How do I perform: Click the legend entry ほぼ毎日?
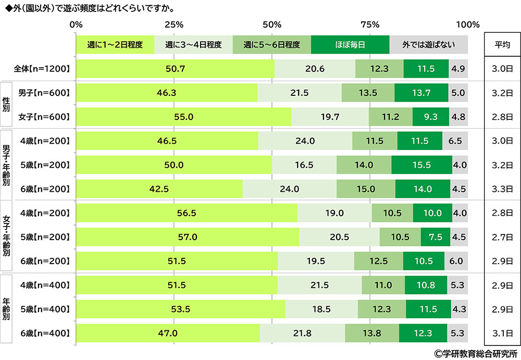click(x=350, y=44)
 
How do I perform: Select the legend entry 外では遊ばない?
click(x=428, y=44)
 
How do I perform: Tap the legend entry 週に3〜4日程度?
click(x=193, y=44)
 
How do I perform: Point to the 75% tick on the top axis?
click(x=370, y=24)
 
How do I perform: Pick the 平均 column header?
click(x=502, y=44)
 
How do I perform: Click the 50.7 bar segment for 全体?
click(x=176, y=69)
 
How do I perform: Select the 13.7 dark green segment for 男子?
click(x=421, y=93)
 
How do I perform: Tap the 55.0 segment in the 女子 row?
click(x=184, y=117)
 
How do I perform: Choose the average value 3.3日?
click(x=502, y=189)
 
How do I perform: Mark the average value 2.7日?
click(x=502, y=237)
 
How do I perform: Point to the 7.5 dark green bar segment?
click(x=436, y=237)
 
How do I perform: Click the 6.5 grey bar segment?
click(x=455, y=141)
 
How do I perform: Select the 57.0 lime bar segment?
click(x=188, y=237)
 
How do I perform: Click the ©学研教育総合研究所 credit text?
click(x=476, y=353)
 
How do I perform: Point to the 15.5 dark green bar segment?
click(x=421, y=165)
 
